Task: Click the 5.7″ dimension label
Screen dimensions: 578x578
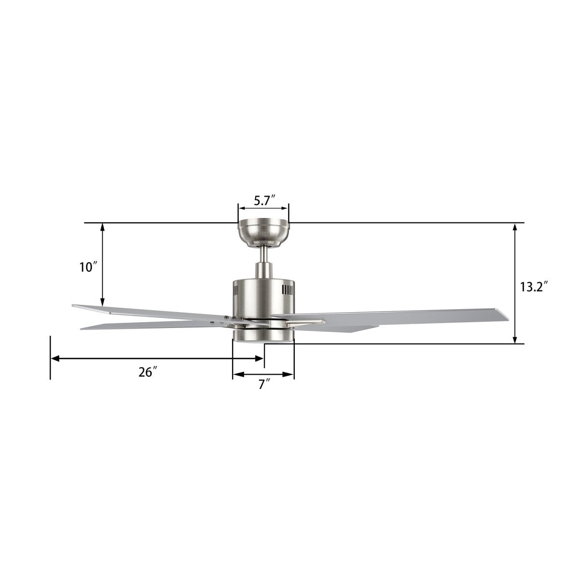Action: coord(263,201)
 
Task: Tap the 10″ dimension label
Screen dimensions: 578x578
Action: coord(89,267)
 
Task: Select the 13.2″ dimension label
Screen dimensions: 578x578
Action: coord(534,287)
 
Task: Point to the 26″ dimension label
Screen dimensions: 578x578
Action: coord(148,372)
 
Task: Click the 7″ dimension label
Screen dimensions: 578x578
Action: coord(263,384)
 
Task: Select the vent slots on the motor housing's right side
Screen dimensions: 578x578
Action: coord(287,290)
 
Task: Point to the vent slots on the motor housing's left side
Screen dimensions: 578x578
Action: coord(236,291)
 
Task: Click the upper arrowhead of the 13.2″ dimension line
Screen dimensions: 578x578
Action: coord(515,228)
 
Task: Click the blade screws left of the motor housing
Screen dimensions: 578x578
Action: coord(231,317)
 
